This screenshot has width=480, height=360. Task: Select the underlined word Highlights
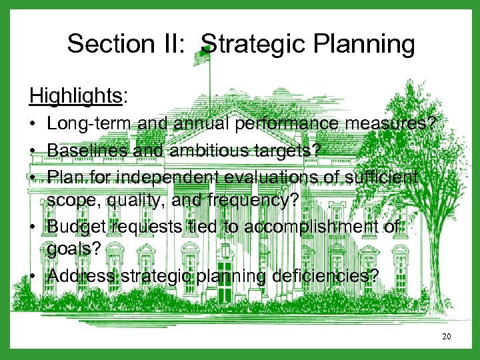(75, 96)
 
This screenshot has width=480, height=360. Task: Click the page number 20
(446, 336)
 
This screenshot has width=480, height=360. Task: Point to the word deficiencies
(311, 275)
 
